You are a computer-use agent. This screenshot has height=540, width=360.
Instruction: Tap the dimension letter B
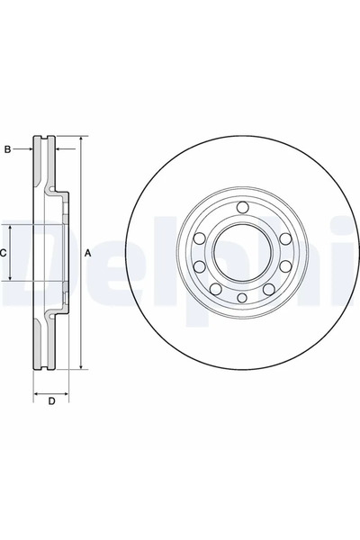[7, 149]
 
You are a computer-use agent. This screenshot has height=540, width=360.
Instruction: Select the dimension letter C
[4, 253]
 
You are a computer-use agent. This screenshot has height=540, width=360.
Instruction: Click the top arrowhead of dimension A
[81, 140]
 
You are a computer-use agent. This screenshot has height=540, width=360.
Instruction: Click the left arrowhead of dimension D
[36, 393]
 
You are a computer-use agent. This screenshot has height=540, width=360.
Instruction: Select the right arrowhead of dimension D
[67, 393]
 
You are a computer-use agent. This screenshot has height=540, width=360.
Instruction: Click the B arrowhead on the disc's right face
[58, 149]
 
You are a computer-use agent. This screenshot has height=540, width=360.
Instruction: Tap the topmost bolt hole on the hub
[242, 209]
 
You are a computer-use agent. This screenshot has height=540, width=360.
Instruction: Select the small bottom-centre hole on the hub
[240, 298]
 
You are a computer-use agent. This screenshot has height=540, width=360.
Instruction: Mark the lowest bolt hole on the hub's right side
[268, 288]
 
